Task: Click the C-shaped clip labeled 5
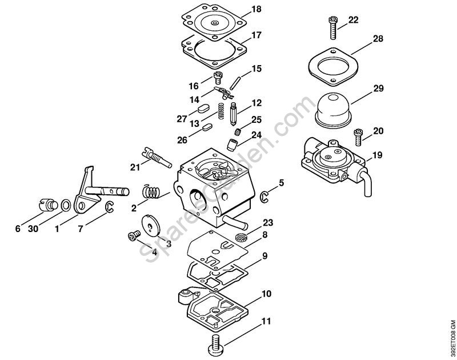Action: pos(264,197)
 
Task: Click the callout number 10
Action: pos(266,294)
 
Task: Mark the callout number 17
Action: pos(256,34)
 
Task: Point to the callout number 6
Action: pos(18,229)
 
